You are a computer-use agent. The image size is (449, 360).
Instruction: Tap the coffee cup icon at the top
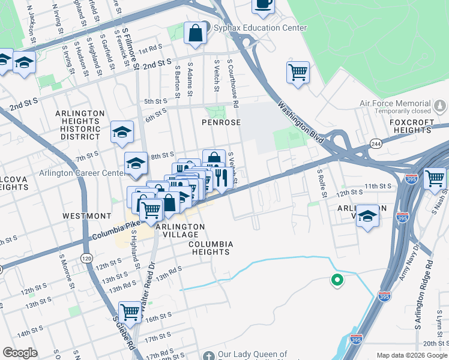[x=263, y=4]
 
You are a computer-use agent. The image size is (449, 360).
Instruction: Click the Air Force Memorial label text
[x=395, y=103]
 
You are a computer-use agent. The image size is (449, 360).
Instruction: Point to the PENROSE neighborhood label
[x=221, y=122]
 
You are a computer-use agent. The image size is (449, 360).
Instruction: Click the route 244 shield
[x=376, y=144]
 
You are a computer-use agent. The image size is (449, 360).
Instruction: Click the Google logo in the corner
[x=20, y=353]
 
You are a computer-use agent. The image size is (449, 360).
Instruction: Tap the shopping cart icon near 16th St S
[x=130, y=312]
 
